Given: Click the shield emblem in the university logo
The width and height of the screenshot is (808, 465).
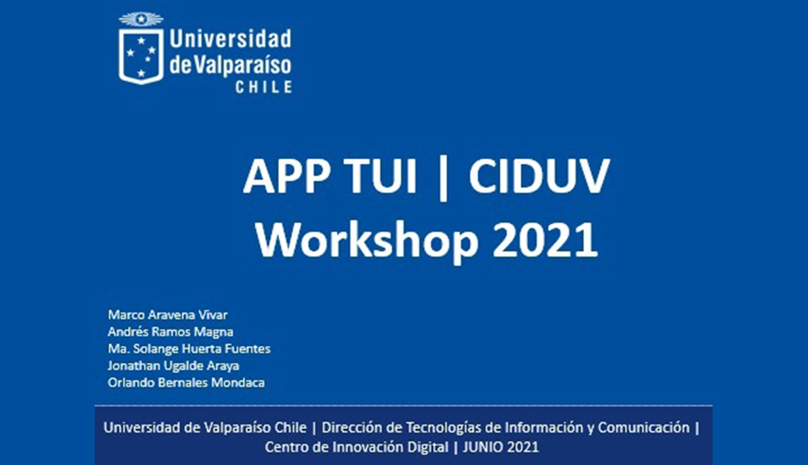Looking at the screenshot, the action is [x=141, y=56].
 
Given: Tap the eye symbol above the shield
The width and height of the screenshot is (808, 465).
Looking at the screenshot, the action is [x=141, y=19].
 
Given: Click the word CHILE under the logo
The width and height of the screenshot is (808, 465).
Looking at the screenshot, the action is [x=264, y=87].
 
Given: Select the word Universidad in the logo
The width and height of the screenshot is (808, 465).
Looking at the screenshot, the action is [x=230, y=38].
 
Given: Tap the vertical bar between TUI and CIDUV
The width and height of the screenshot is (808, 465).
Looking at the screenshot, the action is [x=444, y=178].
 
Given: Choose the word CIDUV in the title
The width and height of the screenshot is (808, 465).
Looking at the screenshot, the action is [x=539, y=177].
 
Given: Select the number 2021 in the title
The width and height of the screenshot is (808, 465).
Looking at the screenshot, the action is [x=545, y=240].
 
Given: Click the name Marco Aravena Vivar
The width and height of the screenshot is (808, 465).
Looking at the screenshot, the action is [x=168, y=315].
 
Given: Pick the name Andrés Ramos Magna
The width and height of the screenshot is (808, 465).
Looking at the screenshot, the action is [x=170, y=332].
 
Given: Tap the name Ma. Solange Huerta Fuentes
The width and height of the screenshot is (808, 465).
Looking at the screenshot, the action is [x=189, y=349].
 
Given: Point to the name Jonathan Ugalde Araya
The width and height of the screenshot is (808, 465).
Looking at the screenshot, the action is [x=174, y=366].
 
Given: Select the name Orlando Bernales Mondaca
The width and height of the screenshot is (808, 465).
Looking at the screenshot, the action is [x=186, y=382].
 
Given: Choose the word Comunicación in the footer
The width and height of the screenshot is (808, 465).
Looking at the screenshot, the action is [x=644, y=428].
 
